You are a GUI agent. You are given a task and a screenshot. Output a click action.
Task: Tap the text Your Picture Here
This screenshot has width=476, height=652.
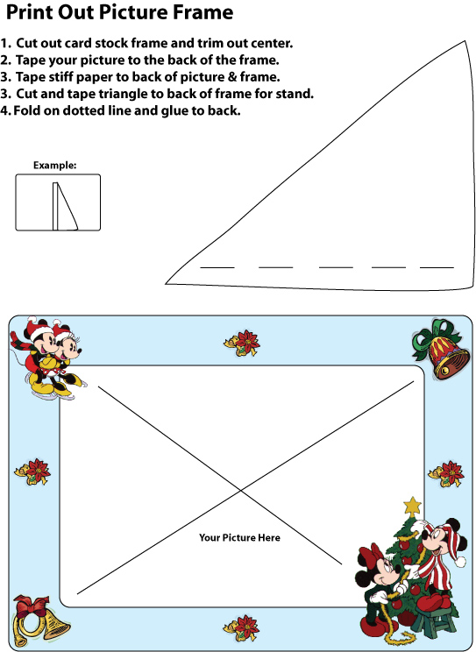point(239,538)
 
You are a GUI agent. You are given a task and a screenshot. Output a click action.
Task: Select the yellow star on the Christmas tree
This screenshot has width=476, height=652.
point(413,507)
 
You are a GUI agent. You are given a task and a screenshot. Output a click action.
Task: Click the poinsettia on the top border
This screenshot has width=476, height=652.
point(242,343)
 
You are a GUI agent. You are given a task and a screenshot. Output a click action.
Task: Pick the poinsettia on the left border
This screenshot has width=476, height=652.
point(32,471)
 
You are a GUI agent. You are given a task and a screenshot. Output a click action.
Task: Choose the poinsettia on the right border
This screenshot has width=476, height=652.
point(446,473)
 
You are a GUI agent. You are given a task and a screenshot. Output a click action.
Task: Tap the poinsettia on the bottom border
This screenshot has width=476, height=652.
point(241,627)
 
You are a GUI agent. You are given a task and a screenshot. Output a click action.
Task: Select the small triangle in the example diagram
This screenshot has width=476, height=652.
point(66,206)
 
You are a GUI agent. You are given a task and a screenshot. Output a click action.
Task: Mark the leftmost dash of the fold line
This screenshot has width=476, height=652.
point(217,268)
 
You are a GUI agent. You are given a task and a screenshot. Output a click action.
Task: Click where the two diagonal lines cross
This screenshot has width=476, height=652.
point(240,491)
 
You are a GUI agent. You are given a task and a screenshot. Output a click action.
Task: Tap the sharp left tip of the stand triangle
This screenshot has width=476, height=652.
point(166,284)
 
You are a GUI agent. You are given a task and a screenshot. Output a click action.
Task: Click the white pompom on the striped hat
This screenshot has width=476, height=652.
point(460,563)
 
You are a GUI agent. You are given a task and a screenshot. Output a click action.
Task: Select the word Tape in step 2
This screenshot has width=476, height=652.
point(31,60)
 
